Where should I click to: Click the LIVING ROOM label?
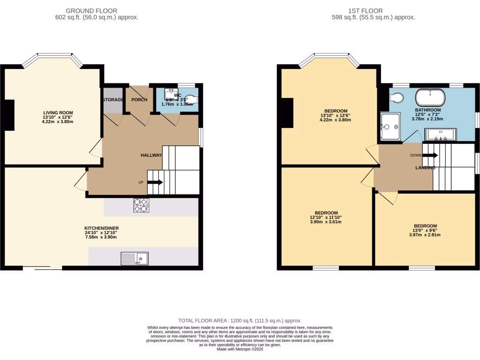tap(58, 112)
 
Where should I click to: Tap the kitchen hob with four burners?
tap(141, 205)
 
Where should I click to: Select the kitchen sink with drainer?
tap(135, 258)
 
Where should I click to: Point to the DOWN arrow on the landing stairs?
tap(430, 155)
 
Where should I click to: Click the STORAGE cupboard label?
tap(113, 100)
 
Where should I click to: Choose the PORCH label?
tap(139, 100)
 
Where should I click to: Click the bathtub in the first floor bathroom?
tap(430, 98)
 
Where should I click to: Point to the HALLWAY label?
tap(151, 155)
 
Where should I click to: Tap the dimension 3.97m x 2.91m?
tap(425, 235)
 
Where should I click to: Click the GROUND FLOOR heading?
tap(91, 11)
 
